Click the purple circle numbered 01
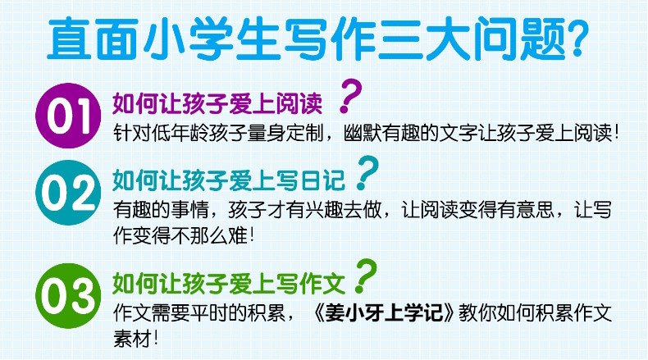pos(68,116)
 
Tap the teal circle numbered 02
pos(68,193)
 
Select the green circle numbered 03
pos(68,295)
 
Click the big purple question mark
pos(349,96)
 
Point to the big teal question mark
pos(367,173)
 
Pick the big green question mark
pos(365,276)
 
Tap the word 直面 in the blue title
pos(92,39)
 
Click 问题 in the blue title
pos(516,39)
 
